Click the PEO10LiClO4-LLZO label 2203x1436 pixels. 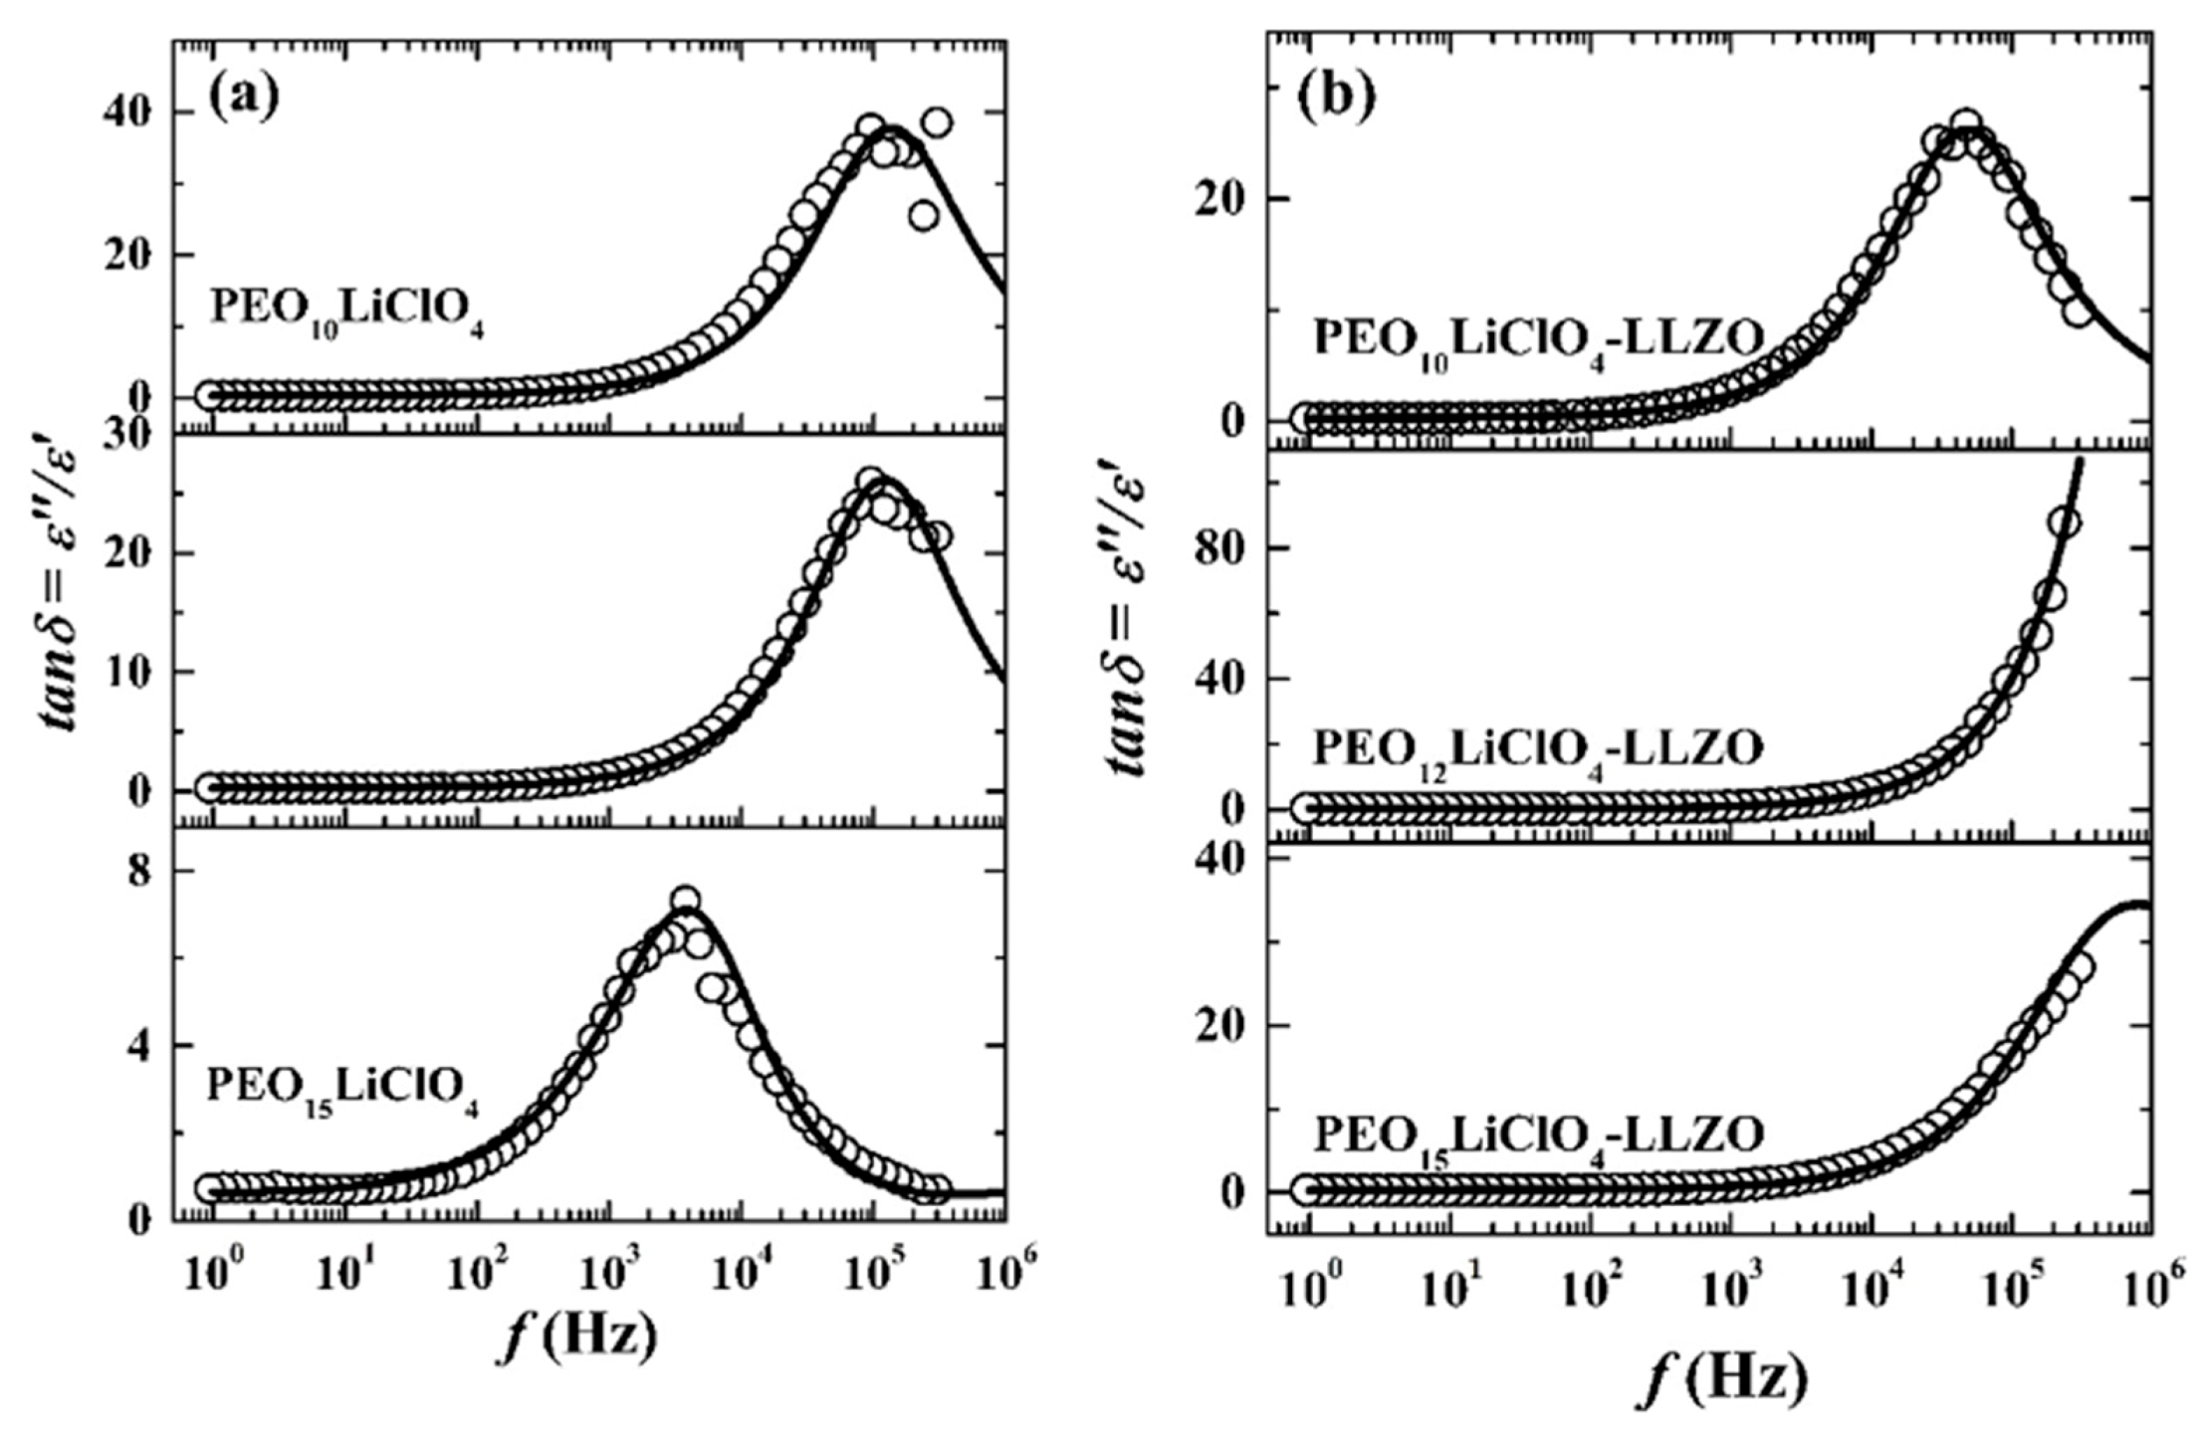pos(1539,340)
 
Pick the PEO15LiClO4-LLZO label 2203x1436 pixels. pos(1539,1136)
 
